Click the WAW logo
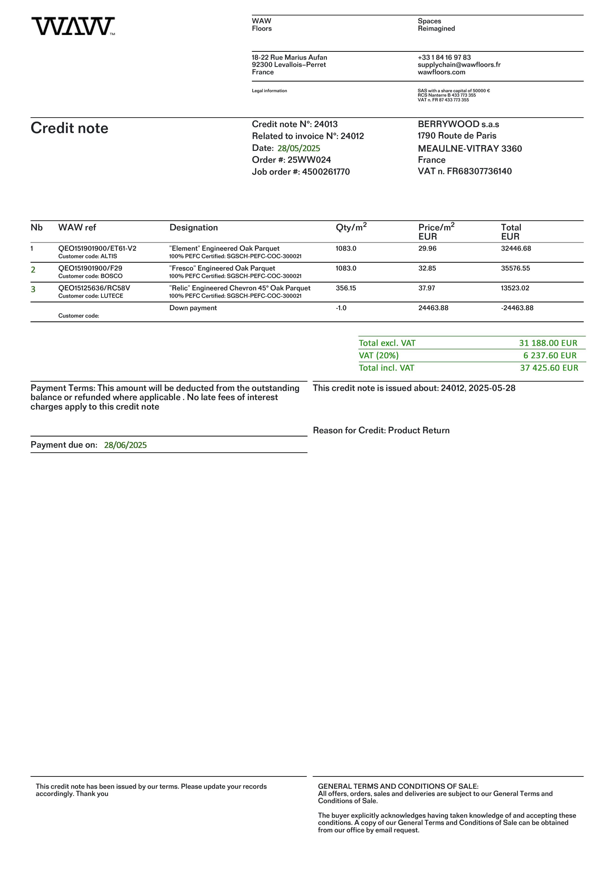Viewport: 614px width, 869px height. pyautogui.click(x=73, y=26)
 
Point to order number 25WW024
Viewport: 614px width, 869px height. pyautogui.click(x=309, y=160)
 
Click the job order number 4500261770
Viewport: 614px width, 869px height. pyautogui.click(x=326, y=172)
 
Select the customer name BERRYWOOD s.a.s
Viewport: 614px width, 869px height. pyautogui.click(x=458, y=124)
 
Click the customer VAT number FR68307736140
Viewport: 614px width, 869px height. pyautogui.click(x=479, y=171)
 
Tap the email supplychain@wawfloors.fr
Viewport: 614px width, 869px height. pyautogui.click(x=459, y=65)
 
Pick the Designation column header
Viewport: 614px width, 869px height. pyautogui.click(x=194, y=227)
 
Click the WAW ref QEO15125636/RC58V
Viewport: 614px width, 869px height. pyautogui.click(x=94, y=288)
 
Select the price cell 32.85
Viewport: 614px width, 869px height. pyautogui.click(x=427, y=268)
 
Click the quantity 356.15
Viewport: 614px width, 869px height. pyautogui.click(x=346, y=288)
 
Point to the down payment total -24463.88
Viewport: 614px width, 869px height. pyautogui.click(x=517, y=308)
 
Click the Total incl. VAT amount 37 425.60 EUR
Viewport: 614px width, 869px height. pyautogui.click(x=549, y=368)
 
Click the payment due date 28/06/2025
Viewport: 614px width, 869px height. pyautogui.click(x=125, y=445)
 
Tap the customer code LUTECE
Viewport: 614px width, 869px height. pyautogui.click(x=112, y=296)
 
